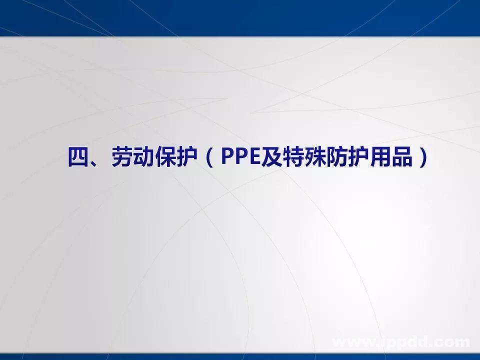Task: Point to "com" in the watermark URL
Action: coord(453,342)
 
